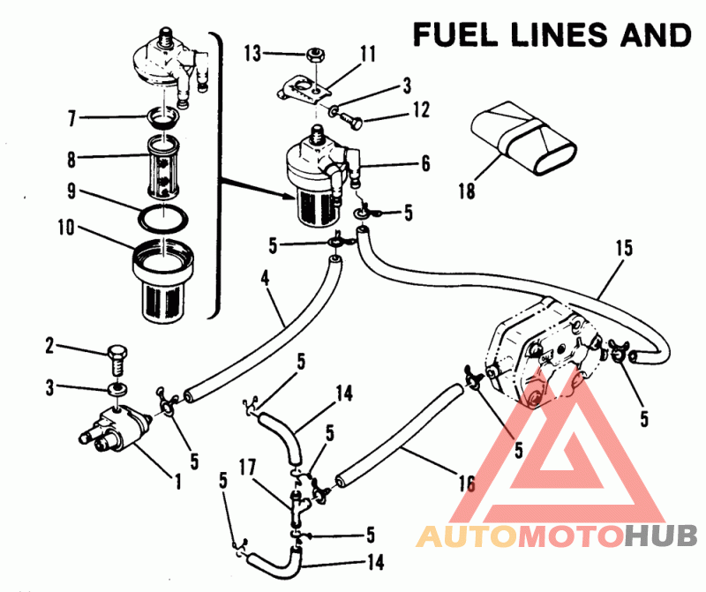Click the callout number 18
click(467, 191)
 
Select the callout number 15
click(625, 248)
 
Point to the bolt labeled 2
click(117, 359)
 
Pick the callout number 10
click(65, 228)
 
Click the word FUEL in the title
click(455, 35)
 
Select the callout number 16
click(467, 484)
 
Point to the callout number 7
click(71, 118)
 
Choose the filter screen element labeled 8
click(163, 167)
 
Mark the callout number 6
click(425, 163)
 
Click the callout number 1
click(178, 481)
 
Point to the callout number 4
click(266, 279)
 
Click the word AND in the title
click(656, 35)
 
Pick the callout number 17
click(247, 468)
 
